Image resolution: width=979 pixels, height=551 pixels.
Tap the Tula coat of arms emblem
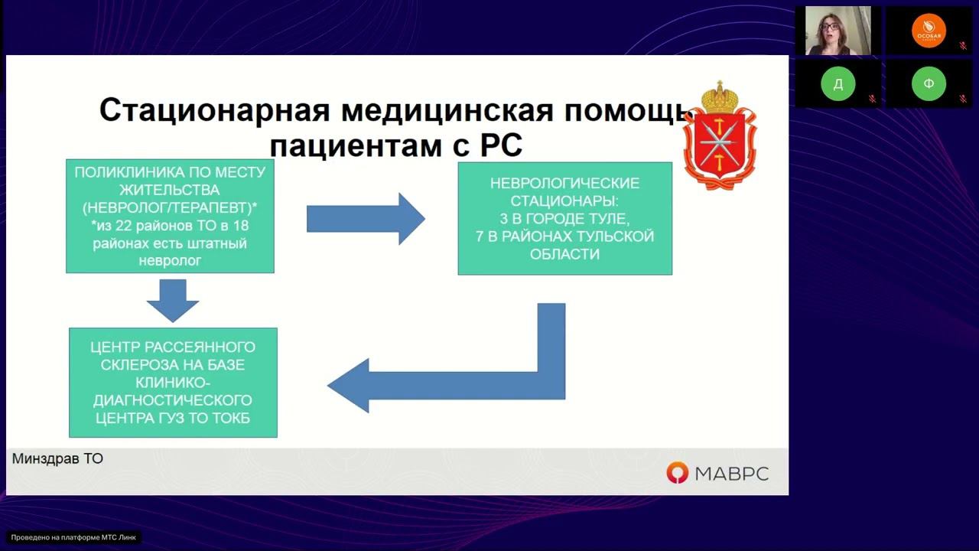pos(719,136)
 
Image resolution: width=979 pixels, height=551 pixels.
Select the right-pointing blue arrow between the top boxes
pos(366,218)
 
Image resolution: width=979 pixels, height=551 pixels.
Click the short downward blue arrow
pos(172,300)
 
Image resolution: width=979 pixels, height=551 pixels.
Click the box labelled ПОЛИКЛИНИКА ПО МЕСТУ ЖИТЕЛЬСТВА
pos(170,217)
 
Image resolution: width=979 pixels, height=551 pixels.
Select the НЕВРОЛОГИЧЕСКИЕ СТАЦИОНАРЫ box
pos(564,218)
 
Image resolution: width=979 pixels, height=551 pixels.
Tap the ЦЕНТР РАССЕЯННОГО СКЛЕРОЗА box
pos(173,383)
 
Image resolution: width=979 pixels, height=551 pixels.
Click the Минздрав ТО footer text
pos(57,458)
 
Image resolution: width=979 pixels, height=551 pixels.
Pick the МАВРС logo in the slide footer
pos(717,474)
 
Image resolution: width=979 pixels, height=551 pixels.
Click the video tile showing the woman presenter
pos(838,31)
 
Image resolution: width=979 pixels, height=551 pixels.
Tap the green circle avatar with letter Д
pos(838,84)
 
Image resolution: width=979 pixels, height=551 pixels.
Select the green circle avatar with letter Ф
pos(929,84)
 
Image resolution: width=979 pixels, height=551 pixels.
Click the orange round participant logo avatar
pos(929,31)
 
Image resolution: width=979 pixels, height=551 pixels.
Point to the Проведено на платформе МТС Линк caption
pos(73,537)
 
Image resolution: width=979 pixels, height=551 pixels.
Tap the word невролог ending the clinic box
pos(170,261)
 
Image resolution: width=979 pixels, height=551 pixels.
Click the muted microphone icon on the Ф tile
pos(963,99)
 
